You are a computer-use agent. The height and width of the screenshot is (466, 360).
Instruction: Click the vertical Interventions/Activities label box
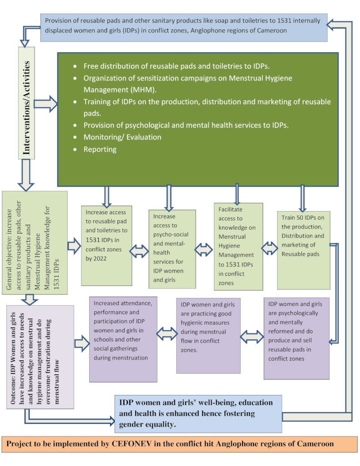tap(26, 103)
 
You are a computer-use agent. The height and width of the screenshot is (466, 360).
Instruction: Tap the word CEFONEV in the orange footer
tap(132, 444)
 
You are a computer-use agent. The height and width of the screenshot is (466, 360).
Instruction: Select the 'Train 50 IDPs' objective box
tap(304, 250)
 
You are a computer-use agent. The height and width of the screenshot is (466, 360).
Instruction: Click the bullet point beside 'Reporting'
tap(75, 149)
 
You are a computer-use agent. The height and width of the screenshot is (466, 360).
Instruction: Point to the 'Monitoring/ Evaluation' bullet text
tap(122, 137)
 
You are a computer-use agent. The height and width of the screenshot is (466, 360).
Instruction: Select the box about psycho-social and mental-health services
tap(172, 249)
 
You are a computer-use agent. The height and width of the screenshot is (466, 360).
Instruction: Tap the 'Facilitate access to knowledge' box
tap(238, 246)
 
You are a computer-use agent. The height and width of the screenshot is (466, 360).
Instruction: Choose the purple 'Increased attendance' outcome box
tap(123, 339)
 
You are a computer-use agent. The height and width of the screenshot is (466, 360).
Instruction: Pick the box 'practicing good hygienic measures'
tap(208, 335)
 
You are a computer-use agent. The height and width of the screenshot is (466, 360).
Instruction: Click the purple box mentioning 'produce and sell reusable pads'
tap(296, 338)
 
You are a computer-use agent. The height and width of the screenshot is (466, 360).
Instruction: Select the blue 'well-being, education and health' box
tap(198, 414)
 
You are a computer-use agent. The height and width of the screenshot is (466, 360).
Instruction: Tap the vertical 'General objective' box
tap(35, 243)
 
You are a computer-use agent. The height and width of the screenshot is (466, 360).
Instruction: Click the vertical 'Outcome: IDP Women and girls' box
tap(40, 357)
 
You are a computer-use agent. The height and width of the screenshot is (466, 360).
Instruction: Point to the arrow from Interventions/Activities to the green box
tap(46, 104)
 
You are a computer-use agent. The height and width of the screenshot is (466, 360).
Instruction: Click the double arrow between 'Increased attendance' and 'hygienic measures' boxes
tap(167, 334)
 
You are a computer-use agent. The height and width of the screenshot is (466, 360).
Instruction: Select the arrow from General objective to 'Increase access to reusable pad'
tap(74, 246)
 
